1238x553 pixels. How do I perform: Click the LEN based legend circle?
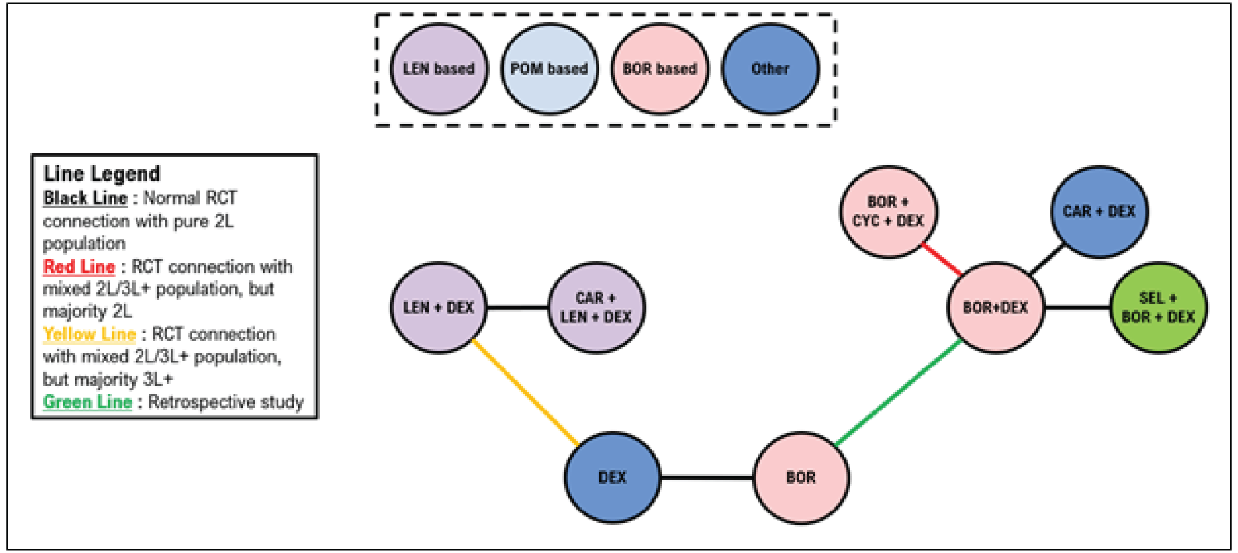[438, 69]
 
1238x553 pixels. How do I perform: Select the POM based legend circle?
[549, 69]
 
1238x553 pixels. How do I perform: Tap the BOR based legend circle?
[660, 69]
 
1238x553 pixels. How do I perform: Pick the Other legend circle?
[770, 69]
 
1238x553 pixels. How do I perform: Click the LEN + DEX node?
[438, 307]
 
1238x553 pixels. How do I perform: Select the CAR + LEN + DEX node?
[596, 307]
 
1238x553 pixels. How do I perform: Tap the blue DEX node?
[612, 478]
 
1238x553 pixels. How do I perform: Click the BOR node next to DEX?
[801, 478]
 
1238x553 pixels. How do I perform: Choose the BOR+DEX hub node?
[995, 307]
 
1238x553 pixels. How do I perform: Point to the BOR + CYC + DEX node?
[888, 212]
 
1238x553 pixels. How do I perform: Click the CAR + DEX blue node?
[1099, 212]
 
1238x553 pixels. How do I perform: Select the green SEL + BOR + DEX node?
[1158, 307]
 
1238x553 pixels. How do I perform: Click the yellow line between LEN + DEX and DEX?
[526, 392]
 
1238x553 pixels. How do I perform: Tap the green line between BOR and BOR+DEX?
[898, 392]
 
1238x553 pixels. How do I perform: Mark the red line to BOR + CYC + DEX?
[942, 259]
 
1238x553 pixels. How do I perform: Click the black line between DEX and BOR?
[707, 478]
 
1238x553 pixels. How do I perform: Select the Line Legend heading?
[102, 173]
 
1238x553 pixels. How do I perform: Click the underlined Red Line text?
[80, 267]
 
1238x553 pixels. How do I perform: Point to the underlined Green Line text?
[88, 402]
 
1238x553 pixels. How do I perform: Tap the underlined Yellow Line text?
[90, 334]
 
